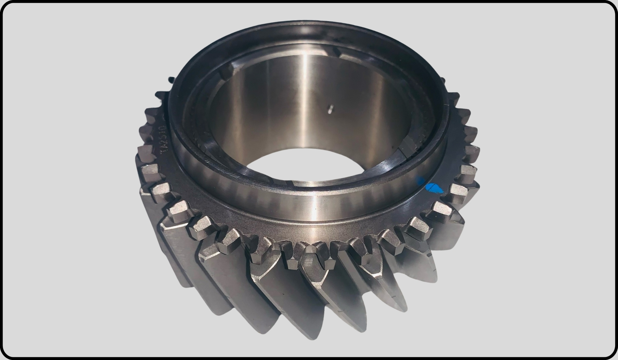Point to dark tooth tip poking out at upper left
coord(170,80)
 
